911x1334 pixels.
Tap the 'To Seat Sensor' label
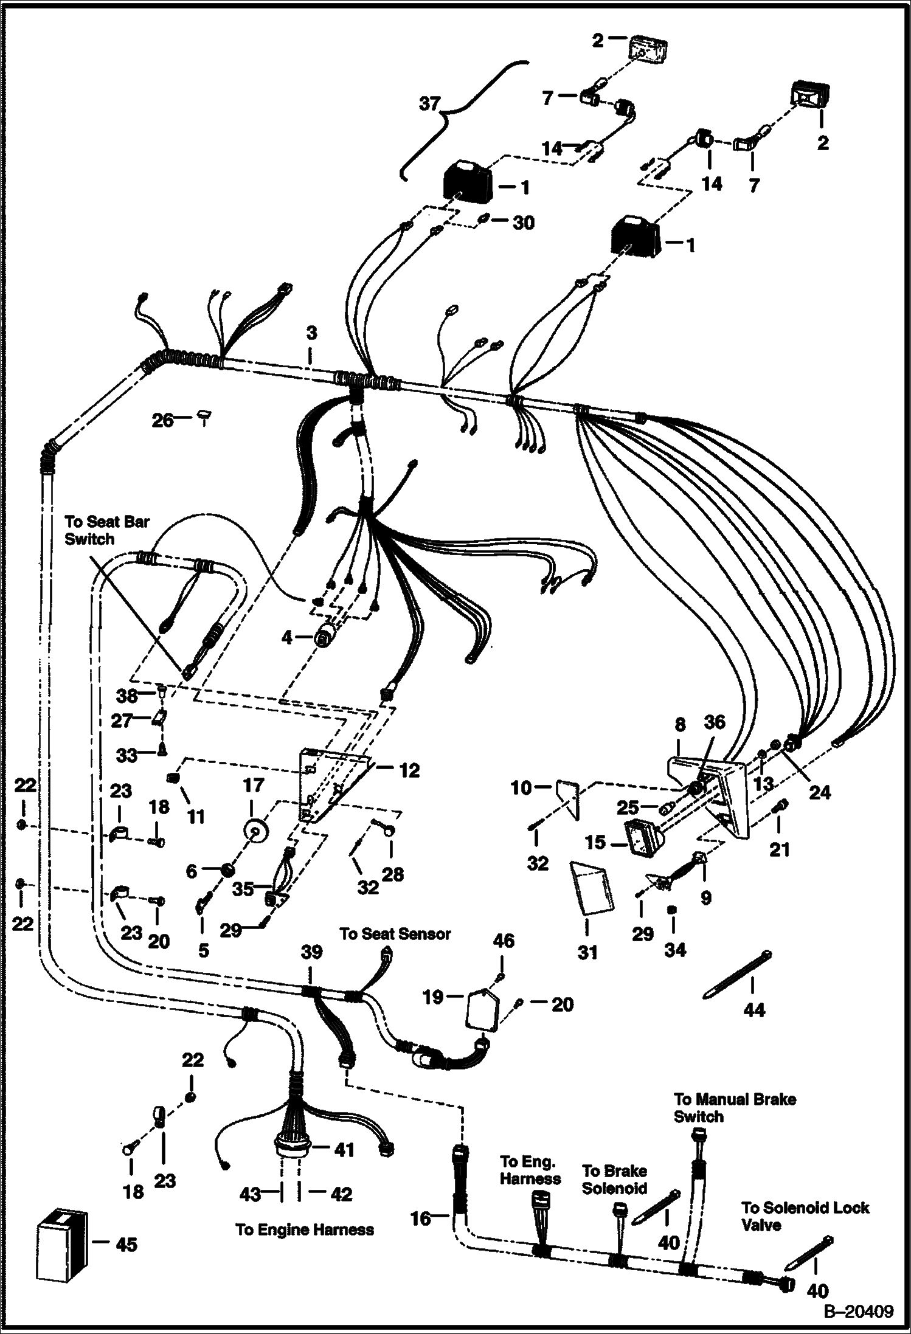[x=395, y=933]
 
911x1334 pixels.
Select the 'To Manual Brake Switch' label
[x=735, y=1107]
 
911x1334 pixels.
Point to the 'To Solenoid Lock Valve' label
[x=805, y=1216]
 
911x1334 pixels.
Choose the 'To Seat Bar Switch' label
[x=106, y=530]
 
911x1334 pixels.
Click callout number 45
[x=126, y=1245]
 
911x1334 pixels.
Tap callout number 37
[x=429, y=104]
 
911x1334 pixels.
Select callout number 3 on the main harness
[x=311, y=334]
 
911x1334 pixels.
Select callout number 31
[x=587, y=952]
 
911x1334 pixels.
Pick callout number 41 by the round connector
[x=344, y=1150]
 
